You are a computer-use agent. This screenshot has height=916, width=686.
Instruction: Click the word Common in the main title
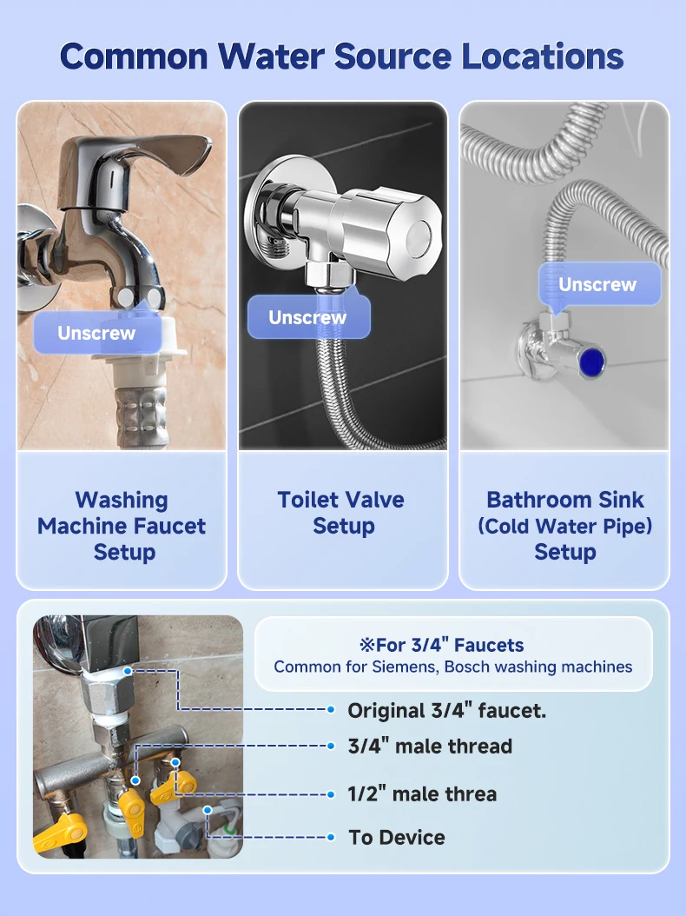tap(135, 56)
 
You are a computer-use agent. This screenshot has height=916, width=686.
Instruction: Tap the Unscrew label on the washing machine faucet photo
tap(97, 332)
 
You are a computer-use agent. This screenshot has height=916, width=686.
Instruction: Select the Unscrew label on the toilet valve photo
tap(307, 317)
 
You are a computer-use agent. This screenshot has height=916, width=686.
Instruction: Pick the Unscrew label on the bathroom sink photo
tap(597, 284)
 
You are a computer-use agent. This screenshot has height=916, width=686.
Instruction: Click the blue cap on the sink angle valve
tap(591, 361)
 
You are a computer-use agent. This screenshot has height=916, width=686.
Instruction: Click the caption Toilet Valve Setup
tap(342, 513)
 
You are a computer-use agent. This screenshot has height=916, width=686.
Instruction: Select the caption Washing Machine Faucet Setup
tap(122, 526)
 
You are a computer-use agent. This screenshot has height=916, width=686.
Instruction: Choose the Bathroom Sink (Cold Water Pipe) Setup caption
tap(564, 526)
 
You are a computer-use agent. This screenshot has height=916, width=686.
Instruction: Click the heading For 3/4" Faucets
tap(442, 645)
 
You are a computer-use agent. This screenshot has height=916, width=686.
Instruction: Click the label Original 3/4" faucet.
tap(447, 711)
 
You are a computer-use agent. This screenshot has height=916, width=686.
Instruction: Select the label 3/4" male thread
tap(431, 747)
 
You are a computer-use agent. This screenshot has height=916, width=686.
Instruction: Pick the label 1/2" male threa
tap(422, 794)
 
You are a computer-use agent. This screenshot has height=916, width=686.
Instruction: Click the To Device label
tap(397, 838)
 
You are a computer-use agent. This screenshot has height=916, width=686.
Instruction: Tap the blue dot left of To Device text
tap(331, 837)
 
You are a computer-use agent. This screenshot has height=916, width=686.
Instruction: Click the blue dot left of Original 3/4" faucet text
tap(331, 710)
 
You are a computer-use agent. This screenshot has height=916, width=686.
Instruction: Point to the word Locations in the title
tap(543, 56)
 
